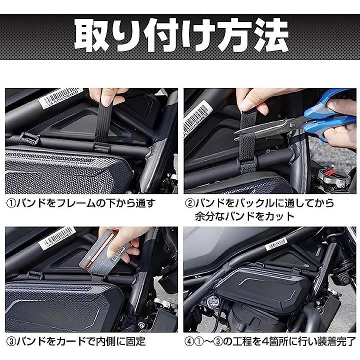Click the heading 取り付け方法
181,35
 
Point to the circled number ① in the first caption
11,203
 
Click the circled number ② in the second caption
189,203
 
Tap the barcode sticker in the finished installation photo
276,243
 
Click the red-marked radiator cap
334,178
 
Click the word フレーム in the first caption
75,203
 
